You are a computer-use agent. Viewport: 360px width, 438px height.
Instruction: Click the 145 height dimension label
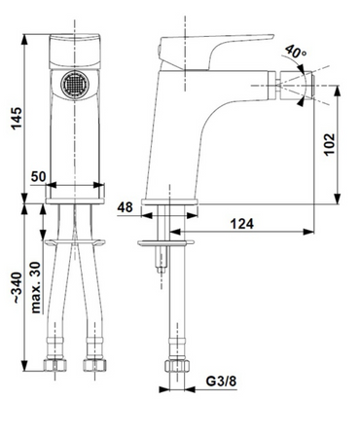pyautogui.click(x=17, y=118)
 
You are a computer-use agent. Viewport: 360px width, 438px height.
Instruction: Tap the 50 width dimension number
pyautogui.click(x=39, y=177)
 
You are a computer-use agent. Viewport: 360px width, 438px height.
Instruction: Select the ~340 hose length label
pyautogui.click(x=18, y=288)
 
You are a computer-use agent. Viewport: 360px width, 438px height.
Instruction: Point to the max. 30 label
pyautogui.click(x=36, y=287)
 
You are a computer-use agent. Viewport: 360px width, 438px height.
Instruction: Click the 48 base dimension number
pyautogui.click(x=125, y=207)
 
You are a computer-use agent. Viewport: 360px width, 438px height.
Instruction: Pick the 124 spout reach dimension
pyautogui.click(x=242, y=224)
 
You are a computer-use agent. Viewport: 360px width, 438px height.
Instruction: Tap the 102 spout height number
pyautogui.click(x=330, y=144)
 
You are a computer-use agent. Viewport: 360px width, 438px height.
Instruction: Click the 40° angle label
pyautogui.click(x=296, y=52)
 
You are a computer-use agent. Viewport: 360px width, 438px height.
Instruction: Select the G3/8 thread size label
pyautogui.click(x=221, y=381)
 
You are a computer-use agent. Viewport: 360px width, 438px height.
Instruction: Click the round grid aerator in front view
pyautogui.click(x=75, y=85)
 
